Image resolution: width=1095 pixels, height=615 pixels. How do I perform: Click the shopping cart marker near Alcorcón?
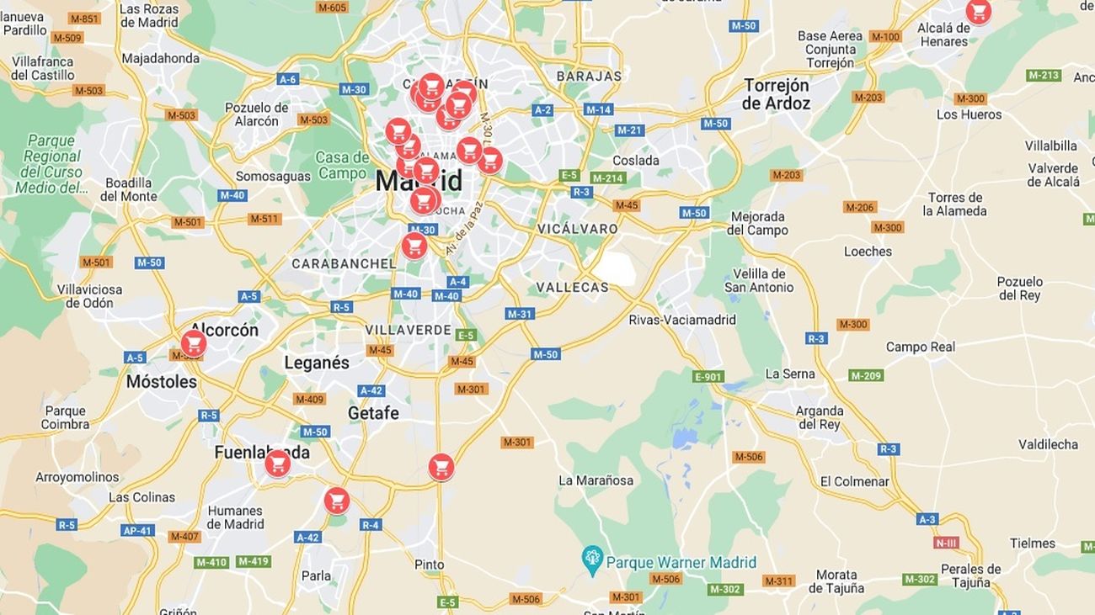tap(194, 343)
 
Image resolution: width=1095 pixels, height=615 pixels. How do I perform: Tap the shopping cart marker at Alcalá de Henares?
tap(978, 12)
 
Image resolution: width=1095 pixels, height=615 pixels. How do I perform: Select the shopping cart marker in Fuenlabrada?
tap(277, 464)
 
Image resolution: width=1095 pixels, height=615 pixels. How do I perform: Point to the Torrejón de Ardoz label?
tap(776, 94)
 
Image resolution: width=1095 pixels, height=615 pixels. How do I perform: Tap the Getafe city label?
tap(373, 413)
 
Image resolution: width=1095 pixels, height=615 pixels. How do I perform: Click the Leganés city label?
tap(317, 363)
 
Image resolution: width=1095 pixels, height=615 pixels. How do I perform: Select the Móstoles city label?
tap(161, 382)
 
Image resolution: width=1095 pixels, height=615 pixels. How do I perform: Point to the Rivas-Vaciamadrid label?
tap(682, 320)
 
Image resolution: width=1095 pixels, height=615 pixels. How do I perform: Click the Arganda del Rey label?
tap(819, 418)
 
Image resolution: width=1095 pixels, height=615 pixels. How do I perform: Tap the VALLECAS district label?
tap(572, 288)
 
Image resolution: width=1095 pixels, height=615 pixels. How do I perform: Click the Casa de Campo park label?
tap(342, 165)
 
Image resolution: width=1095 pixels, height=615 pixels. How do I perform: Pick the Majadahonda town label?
tap(161, 59)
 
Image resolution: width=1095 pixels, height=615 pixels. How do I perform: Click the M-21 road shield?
tap(629, 130)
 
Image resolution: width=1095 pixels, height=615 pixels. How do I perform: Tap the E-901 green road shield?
tap(708, 376)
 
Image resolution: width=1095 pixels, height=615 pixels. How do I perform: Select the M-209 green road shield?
tap(866, 375)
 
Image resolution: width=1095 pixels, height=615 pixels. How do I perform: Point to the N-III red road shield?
tap(946, 543)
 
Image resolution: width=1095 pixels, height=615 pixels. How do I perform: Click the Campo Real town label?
tap(921, 347)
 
